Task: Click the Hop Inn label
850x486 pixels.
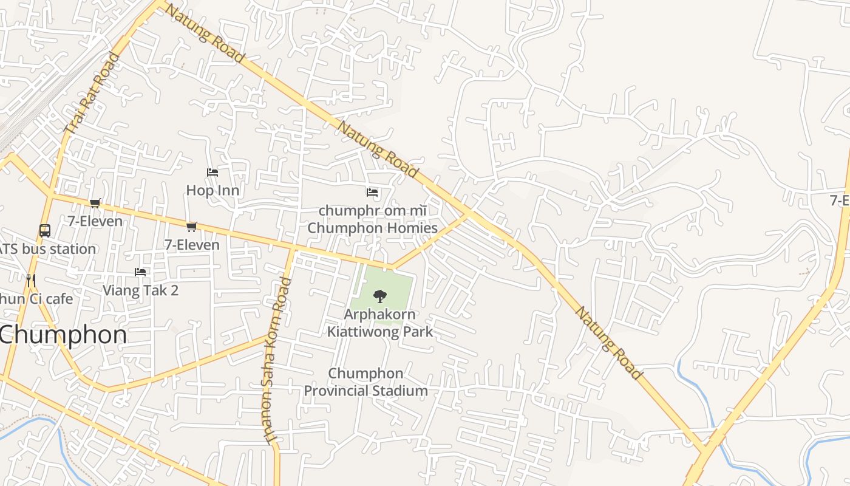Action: [212, 190]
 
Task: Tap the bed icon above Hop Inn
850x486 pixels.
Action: [212, 173]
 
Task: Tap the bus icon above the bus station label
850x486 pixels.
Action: [45, 231]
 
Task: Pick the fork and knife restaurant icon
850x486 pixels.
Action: [31, 280]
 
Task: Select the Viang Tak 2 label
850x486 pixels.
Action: [140, 290]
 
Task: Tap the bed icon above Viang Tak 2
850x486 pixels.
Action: [140, 272]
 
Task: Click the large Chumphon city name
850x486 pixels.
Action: [63, 335]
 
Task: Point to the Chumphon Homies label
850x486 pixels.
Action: [372, 228]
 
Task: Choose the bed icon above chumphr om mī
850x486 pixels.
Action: [372, 193]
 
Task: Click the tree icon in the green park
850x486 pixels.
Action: [380, 296]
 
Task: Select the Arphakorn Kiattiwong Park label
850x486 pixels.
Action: [380, 323]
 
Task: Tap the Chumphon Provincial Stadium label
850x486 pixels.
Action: [365, 382]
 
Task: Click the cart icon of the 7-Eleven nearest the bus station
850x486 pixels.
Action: [95, 203]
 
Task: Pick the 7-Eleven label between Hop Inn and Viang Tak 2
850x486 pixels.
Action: [192, 245]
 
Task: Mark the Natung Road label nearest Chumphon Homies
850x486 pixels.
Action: [377, 149]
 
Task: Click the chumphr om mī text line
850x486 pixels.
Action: [372, 210]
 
